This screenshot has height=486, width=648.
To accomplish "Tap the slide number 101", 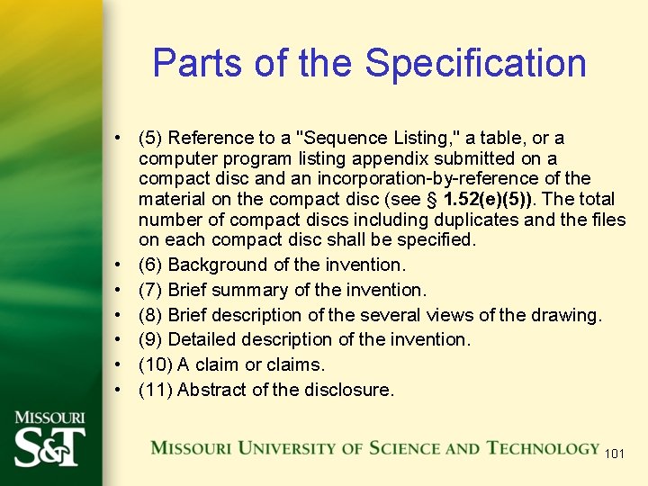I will click(x=614, y=453).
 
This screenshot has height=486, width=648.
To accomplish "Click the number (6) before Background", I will click(x=150, y=265).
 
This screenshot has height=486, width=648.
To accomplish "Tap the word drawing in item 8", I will click(x=567, y=315).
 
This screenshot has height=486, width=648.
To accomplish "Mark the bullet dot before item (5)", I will click(x=118, y=139).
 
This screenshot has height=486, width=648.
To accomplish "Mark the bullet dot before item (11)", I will click(x=118, y=391).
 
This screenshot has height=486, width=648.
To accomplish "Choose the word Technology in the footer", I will click(x=543, y=447).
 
